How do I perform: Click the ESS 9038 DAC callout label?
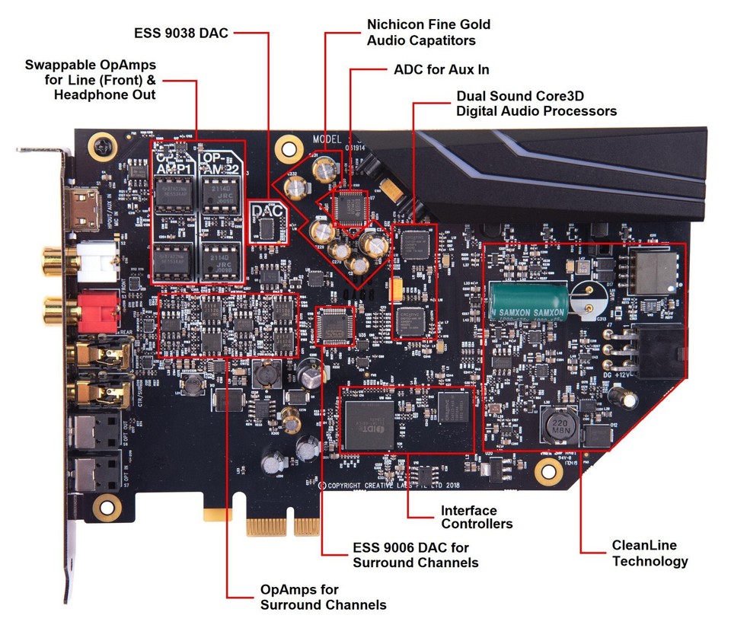click(180, 32)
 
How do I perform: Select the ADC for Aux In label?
click(441, 69)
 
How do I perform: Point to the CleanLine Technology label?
click(650, 553)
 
